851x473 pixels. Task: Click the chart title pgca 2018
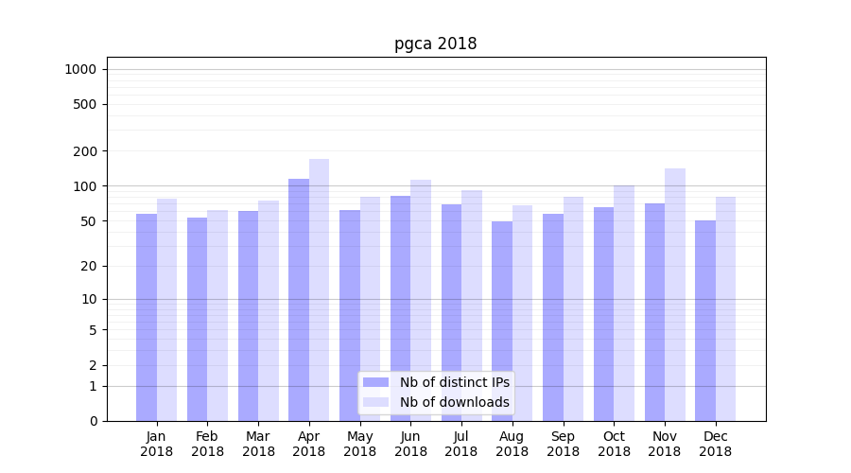point(435,44)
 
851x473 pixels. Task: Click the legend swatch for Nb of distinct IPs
point(375,382)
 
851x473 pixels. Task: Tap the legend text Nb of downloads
point(454,402)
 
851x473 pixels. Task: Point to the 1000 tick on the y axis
point(80,69)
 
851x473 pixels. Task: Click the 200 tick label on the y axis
point(86,151)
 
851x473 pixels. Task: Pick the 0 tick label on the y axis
point(94,421)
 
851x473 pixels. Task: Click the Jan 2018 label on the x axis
point(157,444)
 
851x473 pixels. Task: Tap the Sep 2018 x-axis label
point(563,444)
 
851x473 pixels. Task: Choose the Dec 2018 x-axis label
point(715,444)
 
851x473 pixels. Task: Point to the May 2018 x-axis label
point(359,444)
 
